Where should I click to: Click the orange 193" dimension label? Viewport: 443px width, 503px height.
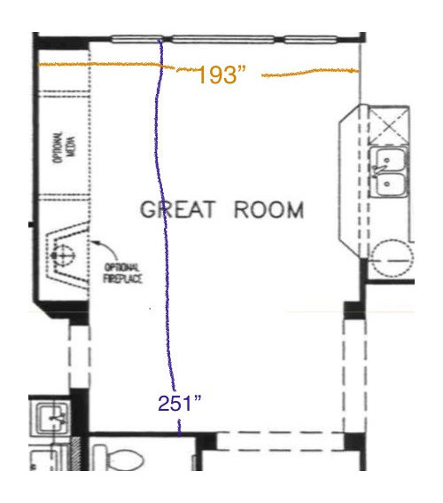[x=222, y=75]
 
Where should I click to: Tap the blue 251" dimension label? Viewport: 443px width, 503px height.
[x=180, y=403]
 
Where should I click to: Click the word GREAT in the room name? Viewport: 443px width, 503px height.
[x=178, y=209]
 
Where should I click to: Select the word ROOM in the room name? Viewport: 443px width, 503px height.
[x=268, y=209]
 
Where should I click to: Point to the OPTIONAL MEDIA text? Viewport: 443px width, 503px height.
[x=65, y=147]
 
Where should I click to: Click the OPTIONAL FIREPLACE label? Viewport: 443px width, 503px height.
[x=122, y=273]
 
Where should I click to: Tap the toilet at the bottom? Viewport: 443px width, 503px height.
[x=120, y=458]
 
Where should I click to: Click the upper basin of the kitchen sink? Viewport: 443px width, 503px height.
[x=389, y=160]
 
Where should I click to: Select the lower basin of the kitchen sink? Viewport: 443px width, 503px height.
[x=390, y=185]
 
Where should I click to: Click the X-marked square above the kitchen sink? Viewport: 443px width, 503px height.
[x=389, y=125]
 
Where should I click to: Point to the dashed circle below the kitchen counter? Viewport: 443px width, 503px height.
[x=392, y=260]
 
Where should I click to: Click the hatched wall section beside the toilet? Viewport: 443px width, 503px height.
[x=76, y=453]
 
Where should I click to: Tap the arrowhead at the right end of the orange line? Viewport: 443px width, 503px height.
[x=355, y=71]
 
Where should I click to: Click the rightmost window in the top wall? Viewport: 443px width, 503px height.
[x=310, y=40]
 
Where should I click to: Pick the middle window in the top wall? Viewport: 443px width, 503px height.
[x=223, y=40]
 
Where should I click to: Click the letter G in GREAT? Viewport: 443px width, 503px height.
[x=148, y=209]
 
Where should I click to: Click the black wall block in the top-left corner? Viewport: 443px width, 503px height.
[x=61, y=43]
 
